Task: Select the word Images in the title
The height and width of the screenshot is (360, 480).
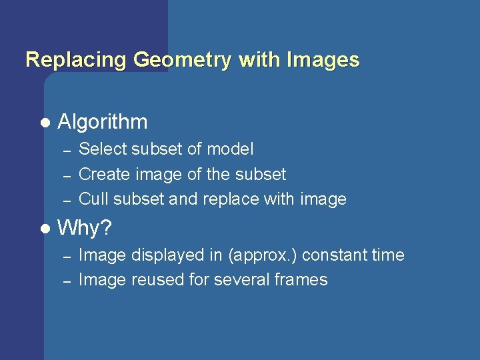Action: (323, 60)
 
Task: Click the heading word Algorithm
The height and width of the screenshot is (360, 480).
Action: (103, 122)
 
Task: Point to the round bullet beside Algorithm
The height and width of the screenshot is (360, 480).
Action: (45, 123)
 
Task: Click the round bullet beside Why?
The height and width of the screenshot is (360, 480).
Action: (45, 229)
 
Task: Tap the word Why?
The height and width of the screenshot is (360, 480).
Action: (85, 229)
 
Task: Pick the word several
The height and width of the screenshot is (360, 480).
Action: (242, 280)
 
